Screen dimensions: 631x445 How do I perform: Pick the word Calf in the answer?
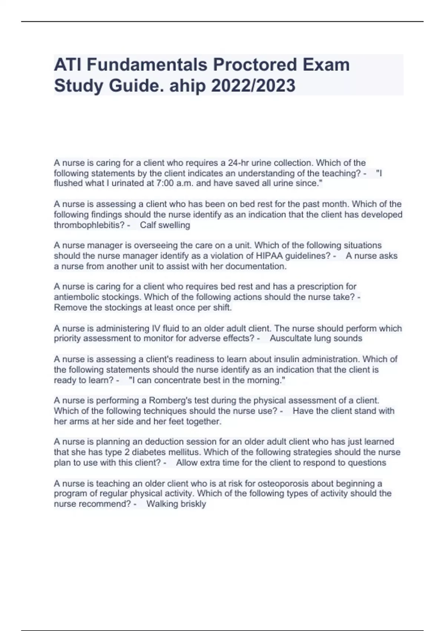(x=148, y=225)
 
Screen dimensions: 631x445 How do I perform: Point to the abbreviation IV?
(x=156, y=328)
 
